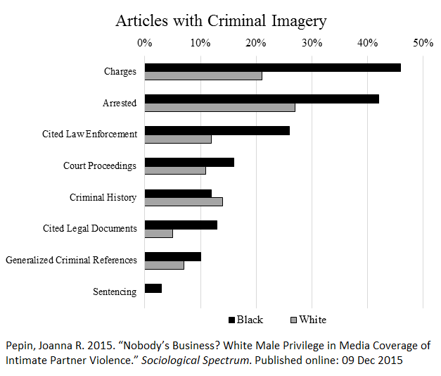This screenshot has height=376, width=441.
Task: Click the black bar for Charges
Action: point(272,68)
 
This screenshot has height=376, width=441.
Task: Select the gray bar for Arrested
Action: point(219,108)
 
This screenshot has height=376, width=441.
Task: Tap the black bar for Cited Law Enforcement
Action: point(217,130)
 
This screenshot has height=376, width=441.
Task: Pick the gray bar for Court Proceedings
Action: point(175,170)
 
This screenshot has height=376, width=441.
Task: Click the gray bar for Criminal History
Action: point(184,201)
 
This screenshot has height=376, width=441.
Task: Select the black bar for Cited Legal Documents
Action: point(181,225)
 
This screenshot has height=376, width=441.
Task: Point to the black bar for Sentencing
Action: point(153,288)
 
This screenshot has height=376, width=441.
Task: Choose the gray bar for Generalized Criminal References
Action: point(164,265)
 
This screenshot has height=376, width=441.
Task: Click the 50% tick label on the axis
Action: point(423,44)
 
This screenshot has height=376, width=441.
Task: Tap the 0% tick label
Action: point(144,44)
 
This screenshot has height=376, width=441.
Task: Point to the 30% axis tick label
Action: point(312,44)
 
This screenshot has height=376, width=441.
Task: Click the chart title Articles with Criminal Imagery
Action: point(221,20)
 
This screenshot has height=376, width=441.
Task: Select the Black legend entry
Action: point(245,320)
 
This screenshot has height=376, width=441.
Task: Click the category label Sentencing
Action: point(115,292)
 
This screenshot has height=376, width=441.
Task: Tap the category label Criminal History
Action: point(103,197)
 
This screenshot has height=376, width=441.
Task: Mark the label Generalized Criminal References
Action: point(71,260)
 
